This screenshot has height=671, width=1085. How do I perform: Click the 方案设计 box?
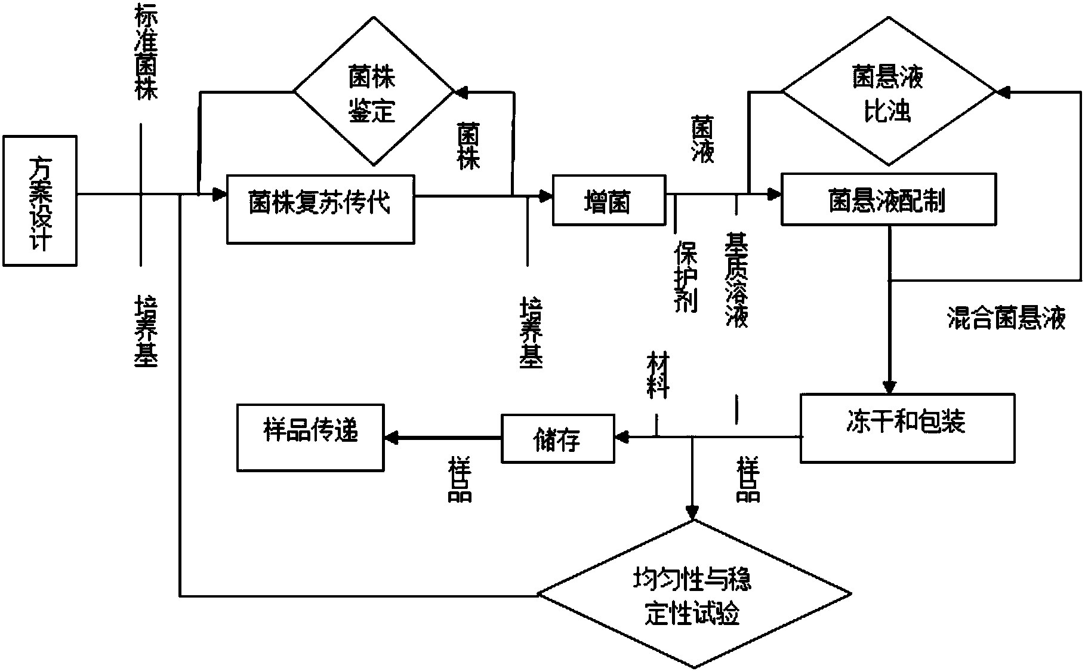(x=40, y=201)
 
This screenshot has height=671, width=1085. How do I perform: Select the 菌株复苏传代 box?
(x=320, y=209)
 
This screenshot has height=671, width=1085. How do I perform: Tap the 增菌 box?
(x=609, y=200)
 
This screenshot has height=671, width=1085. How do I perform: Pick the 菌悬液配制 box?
(x=889, y=199)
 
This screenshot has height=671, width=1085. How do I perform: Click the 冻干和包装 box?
(x=907, y=427)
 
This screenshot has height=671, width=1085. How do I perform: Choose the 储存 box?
(x=557, y=439)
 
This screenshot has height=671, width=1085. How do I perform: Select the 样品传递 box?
(x=310, y=438)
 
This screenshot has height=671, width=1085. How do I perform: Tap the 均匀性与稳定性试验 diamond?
(x=694, y=594)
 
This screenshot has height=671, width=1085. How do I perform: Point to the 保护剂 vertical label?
(x=685, y=276)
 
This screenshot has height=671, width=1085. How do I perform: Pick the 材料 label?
(x=658, y=375)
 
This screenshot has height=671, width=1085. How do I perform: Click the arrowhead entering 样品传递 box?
(x=392, y=438)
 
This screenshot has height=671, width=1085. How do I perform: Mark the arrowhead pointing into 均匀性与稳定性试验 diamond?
(x=692, y=512)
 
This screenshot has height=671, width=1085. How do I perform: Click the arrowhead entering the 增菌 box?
(x=545, y=195)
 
